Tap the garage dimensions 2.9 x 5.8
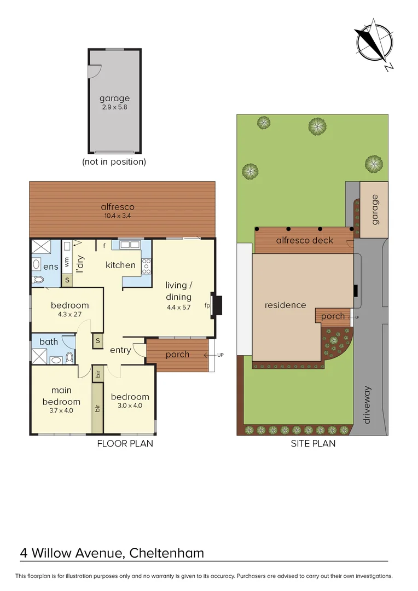click(114, 108)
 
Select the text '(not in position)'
click(114, 162)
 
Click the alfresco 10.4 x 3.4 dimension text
click(118, 216)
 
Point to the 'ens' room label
click(50, 266)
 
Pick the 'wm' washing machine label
click(67, 263)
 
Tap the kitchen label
click(120, 265)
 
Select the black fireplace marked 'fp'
click(217, 305)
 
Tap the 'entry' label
click(120, 350)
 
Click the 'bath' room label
click(49, 342)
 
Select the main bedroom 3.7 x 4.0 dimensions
click(61, 410)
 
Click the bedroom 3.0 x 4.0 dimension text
click(130, 406)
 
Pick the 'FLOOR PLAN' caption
click(125, 444)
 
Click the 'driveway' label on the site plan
click(367, 405)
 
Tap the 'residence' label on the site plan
click(285, 305)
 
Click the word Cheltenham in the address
click(167, 553)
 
